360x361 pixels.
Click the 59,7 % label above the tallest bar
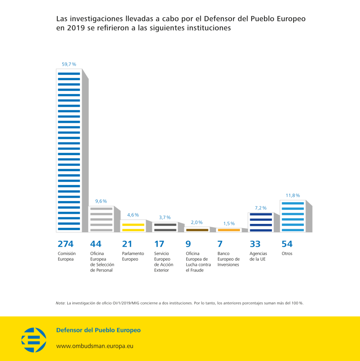click(69, 64)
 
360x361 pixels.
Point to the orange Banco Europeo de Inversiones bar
click(229, 230)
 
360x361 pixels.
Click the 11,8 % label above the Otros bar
click(293, 195)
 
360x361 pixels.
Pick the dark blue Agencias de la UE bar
click(260, 222)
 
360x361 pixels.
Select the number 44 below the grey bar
click(96, 244)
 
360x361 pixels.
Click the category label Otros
click(287, 253)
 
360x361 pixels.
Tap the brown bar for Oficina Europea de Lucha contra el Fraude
click(197, 230)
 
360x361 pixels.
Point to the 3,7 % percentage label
click(165, 217)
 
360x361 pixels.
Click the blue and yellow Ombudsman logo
click(34, 340)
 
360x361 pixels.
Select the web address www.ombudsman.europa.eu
click(94, 346)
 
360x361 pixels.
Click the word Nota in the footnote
click(60, 303)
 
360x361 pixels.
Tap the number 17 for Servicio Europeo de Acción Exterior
click(159, 244)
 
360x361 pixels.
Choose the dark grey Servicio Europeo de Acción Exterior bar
click(165, 227)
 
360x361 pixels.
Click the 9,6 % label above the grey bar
click(101, 201)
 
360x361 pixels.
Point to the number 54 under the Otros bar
click(287, 244)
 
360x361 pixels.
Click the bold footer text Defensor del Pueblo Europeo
click(98, 330)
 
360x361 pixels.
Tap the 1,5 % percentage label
click(229, 223)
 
